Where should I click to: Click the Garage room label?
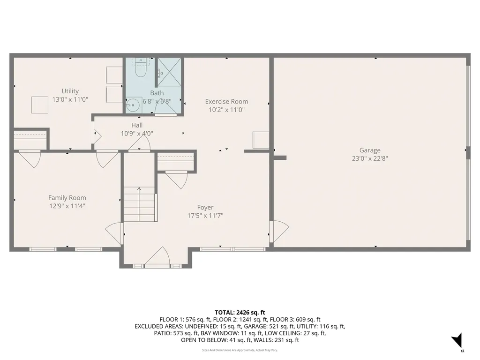[x=370, y=150]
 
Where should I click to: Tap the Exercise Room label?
[x=226, y=101]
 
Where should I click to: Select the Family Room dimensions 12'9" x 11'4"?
[x=67, y=206]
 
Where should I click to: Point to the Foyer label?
[x=205, y=207]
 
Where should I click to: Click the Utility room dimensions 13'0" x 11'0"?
[x=70, y=99]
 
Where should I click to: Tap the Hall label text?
[x=137, y=125]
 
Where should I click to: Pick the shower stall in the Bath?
[x=168, y=72]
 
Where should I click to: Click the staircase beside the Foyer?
[x=139, y=204]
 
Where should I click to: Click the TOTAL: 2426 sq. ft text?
[x=240, y=312]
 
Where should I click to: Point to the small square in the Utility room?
[x=39, y=105]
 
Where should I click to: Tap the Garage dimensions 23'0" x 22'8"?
[x=370, y=158]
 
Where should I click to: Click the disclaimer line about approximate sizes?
[x=240, y=350]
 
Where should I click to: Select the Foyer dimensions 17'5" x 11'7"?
[x=205, y=216]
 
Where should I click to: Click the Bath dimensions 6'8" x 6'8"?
[x=157, y=101]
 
